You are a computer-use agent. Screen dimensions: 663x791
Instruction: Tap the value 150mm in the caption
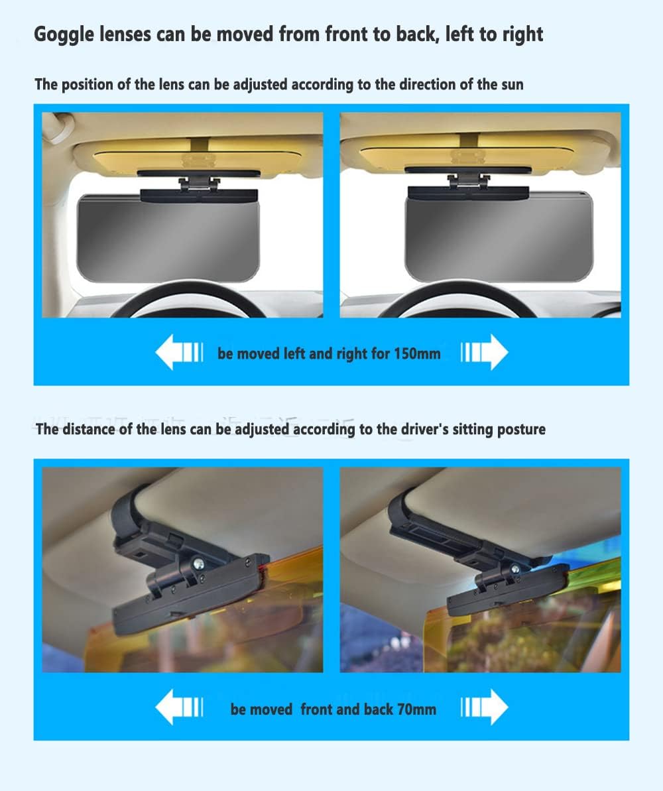pos(417,353)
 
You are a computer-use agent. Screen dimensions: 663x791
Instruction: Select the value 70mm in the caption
pos(416,709)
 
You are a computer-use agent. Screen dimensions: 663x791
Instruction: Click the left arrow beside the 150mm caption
pos(179,351)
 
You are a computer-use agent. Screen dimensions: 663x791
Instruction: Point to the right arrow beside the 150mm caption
pos(485,351)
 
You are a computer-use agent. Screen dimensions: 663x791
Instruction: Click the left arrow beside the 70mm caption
pos(179,707)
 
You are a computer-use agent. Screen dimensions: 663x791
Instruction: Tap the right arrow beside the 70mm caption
pos(485,707)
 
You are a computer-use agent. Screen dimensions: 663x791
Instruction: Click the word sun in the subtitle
pos(512,84)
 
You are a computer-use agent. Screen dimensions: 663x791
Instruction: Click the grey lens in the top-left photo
pos(168,238)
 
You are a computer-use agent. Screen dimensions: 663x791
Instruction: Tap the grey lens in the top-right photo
pos(499,237)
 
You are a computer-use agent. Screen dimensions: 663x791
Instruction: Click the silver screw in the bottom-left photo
pos(198,562)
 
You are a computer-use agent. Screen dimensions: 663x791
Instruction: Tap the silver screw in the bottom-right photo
pos(515,570)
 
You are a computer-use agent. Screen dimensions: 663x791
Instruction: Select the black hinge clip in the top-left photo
pos(199,184)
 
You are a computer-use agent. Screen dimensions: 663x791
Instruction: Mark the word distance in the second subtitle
pos(88,429)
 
